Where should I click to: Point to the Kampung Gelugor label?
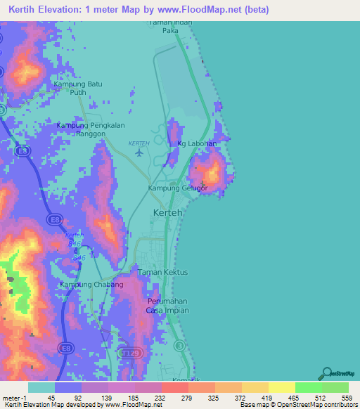click(x=177, y=188)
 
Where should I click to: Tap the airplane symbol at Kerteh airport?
click(x=138, y=152)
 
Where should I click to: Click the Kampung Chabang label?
click(x=91, y=285)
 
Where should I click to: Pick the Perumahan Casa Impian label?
click(x=164, y=306)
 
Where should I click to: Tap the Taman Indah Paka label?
click(x=169, y=26)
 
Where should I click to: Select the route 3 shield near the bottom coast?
click(x=180, y=345)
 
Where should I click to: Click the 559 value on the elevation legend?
click(x=346, y=397)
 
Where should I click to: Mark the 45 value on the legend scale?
click(x=52, y=397)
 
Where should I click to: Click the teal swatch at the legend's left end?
click(x=41, y=387)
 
